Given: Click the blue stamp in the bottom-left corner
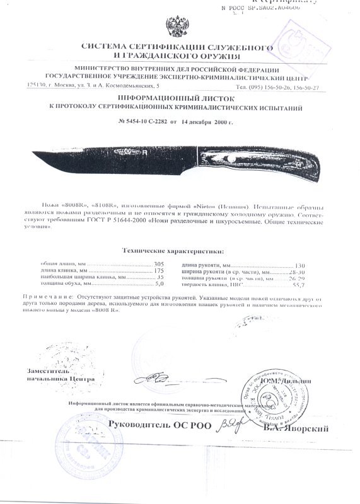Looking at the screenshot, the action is pos(79,441).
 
